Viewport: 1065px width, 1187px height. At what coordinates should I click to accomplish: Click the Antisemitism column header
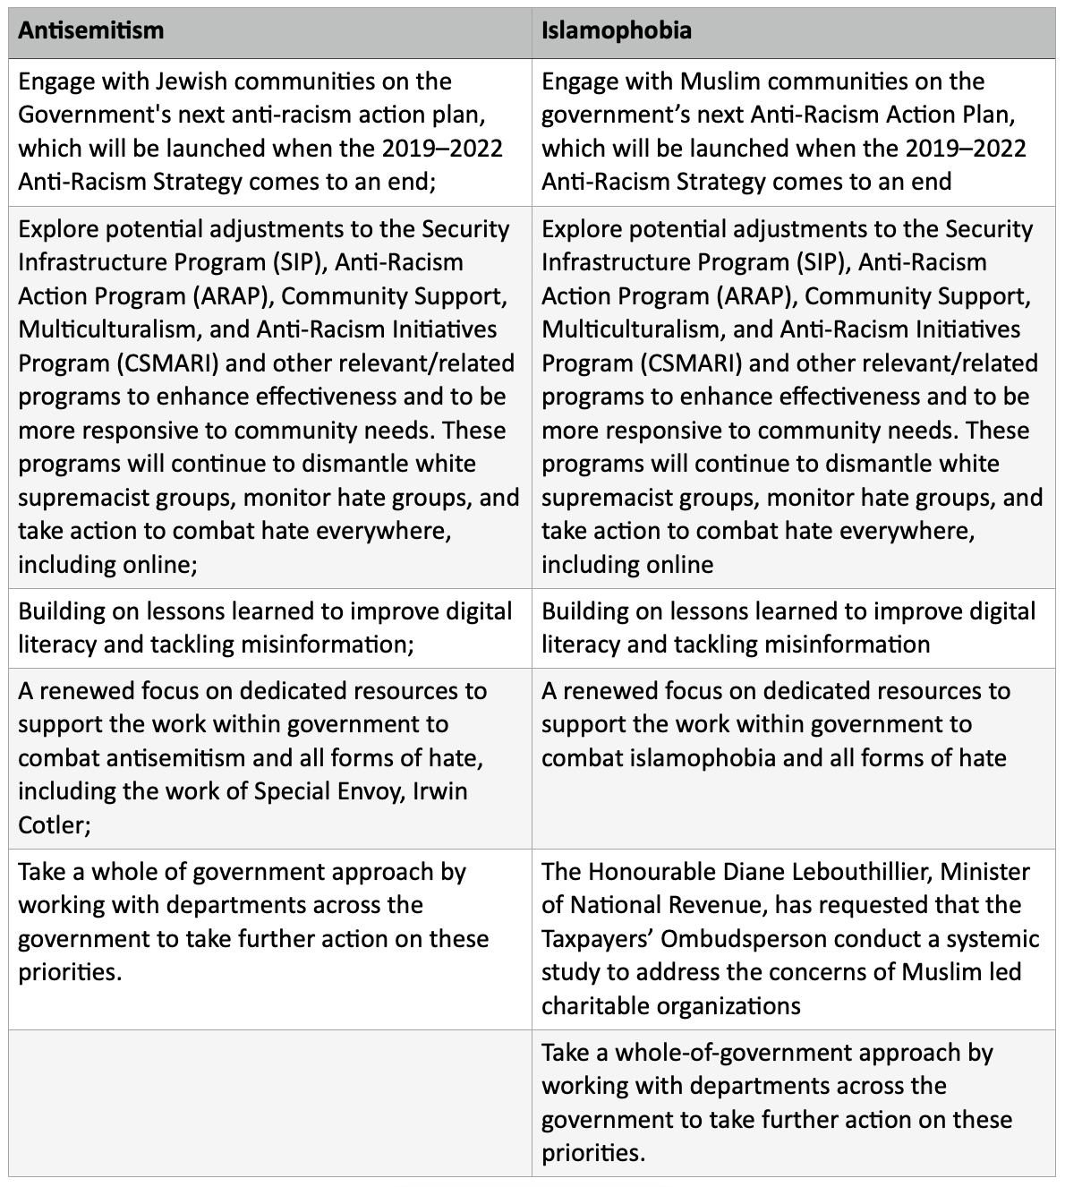90,30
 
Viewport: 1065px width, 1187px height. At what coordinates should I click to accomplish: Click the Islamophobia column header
617,30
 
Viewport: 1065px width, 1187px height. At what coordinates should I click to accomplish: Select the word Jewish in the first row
193,81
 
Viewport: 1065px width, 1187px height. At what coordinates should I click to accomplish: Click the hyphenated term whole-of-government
751,1053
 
